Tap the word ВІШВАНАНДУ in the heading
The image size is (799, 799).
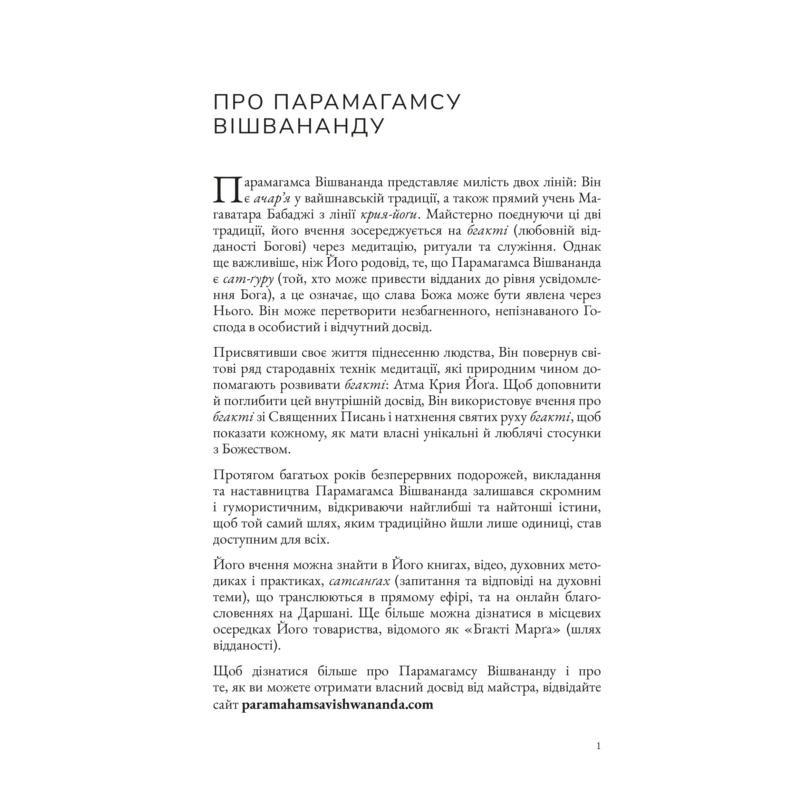pos(299,127)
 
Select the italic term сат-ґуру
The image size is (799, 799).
pos(248,280)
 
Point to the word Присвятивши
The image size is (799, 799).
pos(257,353)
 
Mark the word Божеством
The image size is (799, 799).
pos(256,449)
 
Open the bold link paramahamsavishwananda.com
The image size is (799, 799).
pos(337,704)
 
